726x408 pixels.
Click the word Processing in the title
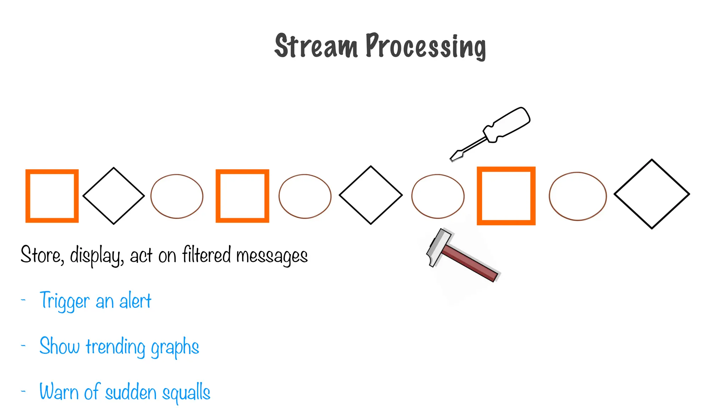point(425,46)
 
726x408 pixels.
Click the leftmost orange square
point(52,196)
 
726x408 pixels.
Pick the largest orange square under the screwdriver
point(506,196)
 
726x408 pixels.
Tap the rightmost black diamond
point(652,194)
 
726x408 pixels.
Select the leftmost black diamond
point(113,196)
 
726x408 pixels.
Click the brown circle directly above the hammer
point(438,196)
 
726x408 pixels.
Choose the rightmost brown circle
point(577,196)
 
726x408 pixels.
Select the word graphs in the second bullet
point(175,347)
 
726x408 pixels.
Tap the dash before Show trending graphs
point(23,345)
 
